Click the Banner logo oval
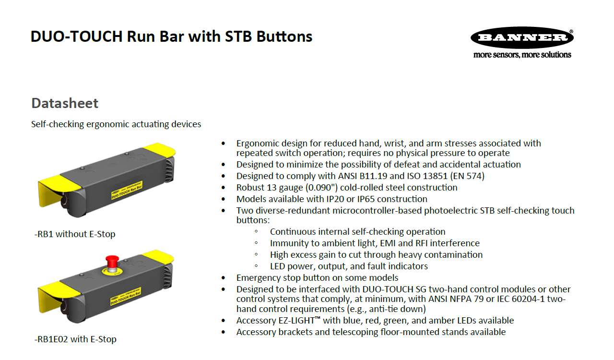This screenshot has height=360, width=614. (x=522, y=37)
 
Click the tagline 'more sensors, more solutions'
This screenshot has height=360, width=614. (x=522, y=55)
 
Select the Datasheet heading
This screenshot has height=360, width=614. (x=65, y=103)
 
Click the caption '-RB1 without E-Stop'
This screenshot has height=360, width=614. (x=75, y=234)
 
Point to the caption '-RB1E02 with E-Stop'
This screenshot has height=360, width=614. (x=75, y=339)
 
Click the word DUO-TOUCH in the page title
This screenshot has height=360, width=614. (x=77, y=36)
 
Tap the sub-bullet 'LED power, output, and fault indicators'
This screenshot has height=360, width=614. (x=349, y=266)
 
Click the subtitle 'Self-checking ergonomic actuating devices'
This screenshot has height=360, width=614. (x=116, y=124)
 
